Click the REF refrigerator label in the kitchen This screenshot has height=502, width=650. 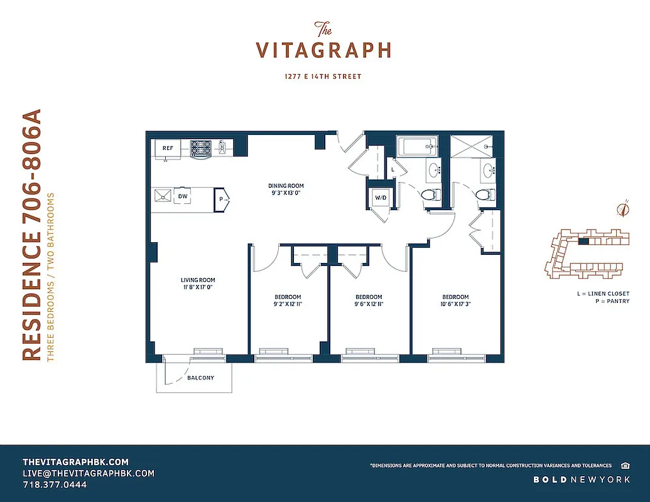coord(168,148)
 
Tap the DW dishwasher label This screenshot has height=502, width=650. coord(183,196)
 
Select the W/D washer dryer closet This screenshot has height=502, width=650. coord(381,198)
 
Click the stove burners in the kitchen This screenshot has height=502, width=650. coord(200,147)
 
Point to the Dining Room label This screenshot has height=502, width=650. coord(286,186)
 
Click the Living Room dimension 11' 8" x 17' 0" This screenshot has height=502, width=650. coord(198,288)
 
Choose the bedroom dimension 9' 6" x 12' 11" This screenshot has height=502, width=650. coord(369,304)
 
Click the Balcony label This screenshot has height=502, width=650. coord(200,378)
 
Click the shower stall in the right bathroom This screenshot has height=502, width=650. coord(471,148)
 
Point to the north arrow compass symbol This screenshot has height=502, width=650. coord(623,209)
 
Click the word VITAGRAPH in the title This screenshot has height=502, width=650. coord(323,50)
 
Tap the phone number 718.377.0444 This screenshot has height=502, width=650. coord(55,485)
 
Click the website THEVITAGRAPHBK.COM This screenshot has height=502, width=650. coord(75,461)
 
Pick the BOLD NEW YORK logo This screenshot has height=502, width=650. coord(582,480)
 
